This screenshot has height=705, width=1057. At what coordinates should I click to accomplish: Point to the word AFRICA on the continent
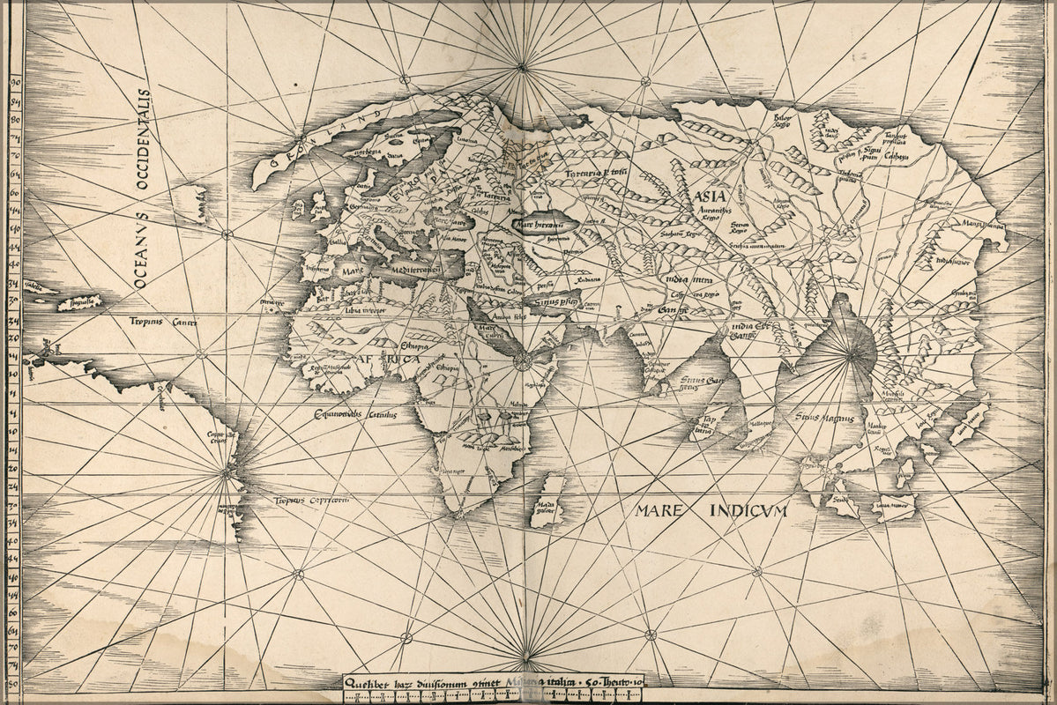point(388,360)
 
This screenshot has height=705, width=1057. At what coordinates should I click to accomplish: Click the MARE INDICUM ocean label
point(710,509)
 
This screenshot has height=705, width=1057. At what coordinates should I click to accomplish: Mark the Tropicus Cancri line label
point(161,322)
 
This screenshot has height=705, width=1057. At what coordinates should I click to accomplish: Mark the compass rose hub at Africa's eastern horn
point(522,361)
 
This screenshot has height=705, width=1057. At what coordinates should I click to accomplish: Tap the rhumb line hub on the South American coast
point(227,473)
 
